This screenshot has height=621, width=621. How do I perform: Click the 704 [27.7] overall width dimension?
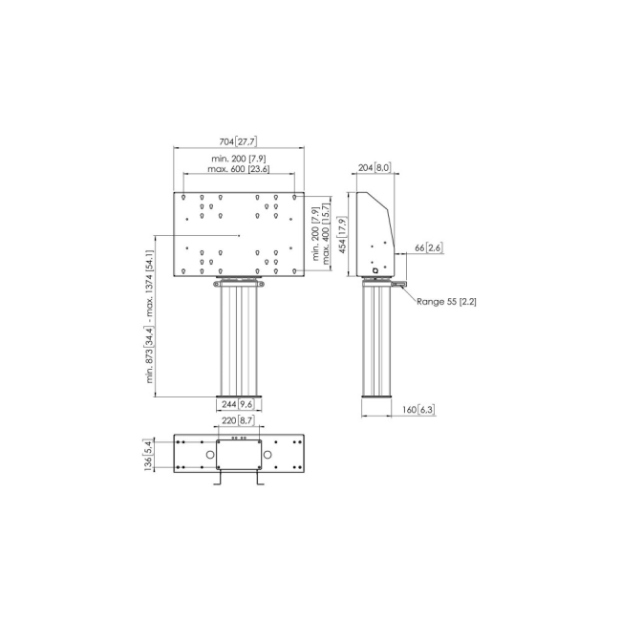click(239, 141)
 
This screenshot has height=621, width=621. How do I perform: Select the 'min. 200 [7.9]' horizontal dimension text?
click(239, 158)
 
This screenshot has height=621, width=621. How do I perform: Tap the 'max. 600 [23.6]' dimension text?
click(239, 169)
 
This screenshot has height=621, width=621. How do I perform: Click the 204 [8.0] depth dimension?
click(375, 168)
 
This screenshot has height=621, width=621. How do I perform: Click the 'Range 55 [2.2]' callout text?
click(447, 301)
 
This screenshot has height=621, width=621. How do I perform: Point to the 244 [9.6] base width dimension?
click(239, 403)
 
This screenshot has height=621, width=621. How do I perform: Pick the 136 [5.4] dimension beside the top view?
click(148, 455)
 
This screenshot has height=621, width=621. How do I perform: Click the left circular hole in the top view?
click(208, 456)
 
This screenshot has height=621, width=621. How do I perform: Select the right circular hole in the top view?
click(269, 456)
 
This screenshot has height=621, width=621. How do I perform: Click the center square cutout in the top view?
click(239, 455)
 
